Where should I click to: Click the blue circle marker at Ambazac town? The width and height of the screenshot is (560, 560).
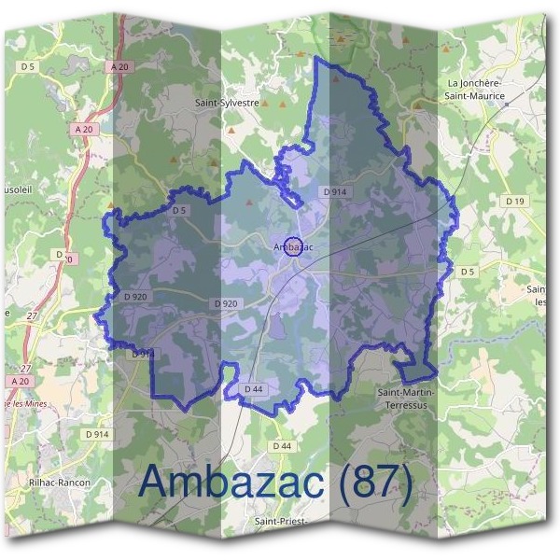coord(293,246)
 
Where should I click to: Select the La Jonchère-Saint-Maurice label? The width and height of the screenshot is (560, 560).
coord(474,90)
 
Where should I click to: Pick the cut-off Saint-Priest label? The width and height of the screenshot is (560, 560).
coord(280,522)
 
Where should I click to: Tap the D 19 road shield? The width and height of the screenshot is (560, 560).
coord(514,200)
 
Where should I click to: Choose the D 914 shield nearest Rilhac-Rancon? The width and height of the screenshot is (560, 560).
coord(97,434)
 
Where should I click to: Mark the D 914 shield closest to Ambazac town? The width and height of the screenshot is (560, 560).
coord(335,191)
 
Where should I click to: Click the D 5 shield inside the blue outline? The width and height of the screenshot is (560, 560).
coord(179,211)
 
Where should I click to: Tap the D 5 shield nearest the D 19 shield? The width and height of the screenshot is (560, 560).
coord(467,272)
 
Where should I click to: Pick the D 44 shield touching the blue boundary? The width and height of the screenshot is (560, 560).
coord(253,388)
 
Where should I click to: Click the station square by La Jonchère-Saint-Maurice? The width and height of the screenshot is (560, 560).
coord(505,105)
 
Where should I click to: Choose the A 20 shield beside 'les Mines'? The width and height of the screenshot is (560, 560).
coord(21,382)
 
